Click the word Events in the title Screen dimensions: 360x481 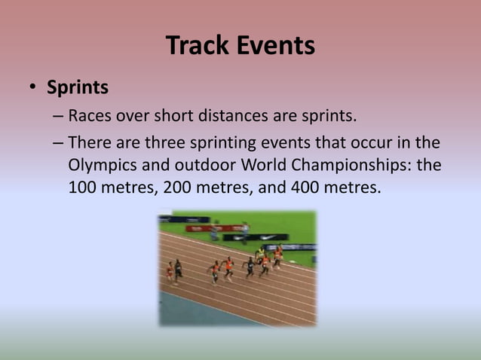(276, 46)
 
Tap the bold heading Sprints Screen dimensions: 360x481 (78, 87)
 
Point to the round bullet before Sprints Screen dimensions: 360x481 (32, 88)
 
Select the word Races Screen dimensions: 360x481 (90, 117)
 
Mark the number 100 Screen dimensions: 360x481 (83, 187)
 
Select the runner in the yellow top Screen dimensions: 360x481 (260, 253)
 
